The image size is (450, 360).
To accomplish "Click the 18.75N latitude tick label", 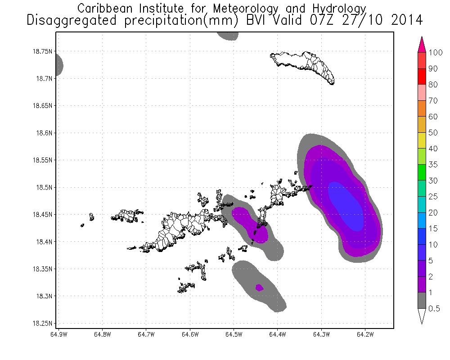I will click(x=40, y=51).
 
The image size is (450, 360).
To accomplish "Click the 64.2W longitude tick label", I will click(x=364, y=334).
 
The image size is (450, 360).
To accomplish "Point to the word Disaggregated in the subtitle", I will click(x=79, y=20).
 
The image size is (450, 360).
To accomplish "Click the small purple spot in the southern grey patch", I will click(x=259, y=287).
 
